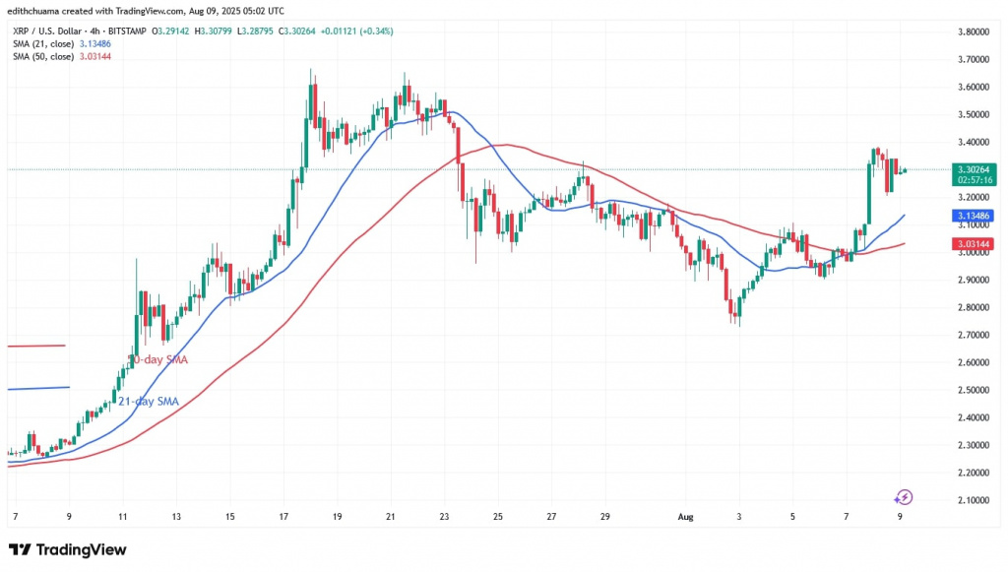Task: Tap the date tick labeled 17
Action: click(283, 515)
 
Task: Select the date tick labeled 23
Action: click(445, 515)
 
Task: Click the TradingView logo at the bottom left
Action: click(67, 549)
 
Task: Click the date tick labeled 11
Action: click(122, 515)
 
